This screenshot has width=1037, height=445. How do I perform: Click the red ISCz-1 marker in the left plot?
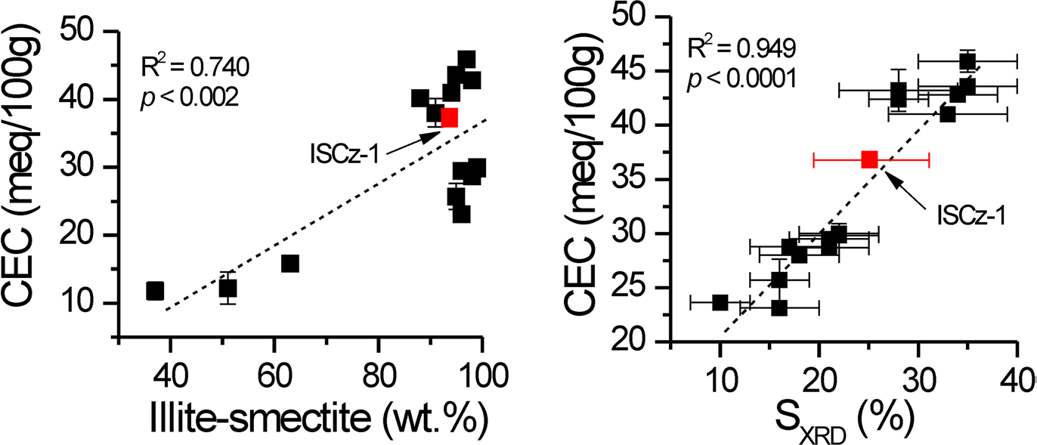(449, 118)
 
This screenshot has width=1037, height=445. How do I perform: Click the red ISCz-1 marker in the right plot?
(869, 159)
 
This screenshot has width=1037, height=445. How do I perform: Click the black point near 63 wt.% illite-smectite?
(289, 263)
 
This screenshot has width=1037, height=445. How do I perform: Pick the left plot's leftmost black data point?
(155, 290)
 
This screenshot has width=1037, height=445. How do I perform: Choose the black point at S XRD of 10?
(720, 302)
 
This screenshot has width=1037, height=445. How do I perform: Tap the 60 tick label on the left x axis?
(274, 372)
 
